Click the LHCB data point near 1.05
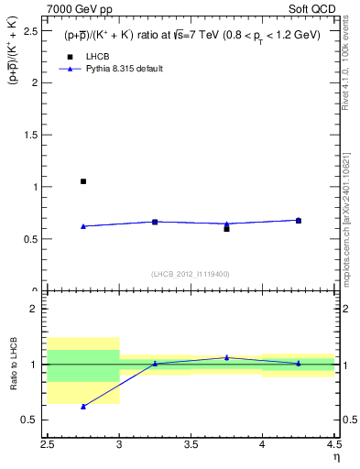click(x=83, y=181)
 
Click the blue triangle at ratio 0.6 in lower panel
click(x=83, y=406)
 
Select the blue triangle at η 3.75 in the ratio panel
click(x=226, y=357)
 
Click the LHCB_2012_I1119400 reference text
click(x=191, y=274)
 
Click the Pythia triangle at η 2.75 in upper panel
click(x=83, y=226)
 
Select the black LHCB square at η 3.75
click(x=226, y=228)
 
